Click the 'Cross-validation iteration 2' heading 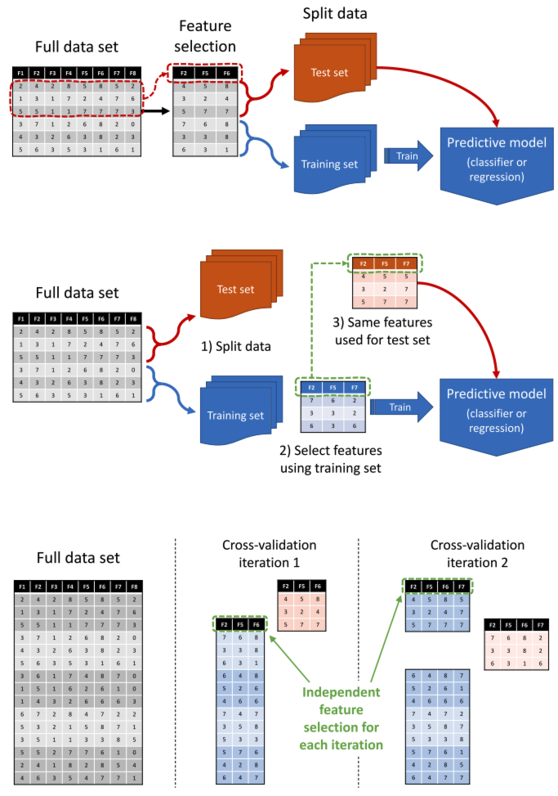[x=477, y=554]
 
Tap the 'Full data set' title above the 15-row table [x=78, y=557]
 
